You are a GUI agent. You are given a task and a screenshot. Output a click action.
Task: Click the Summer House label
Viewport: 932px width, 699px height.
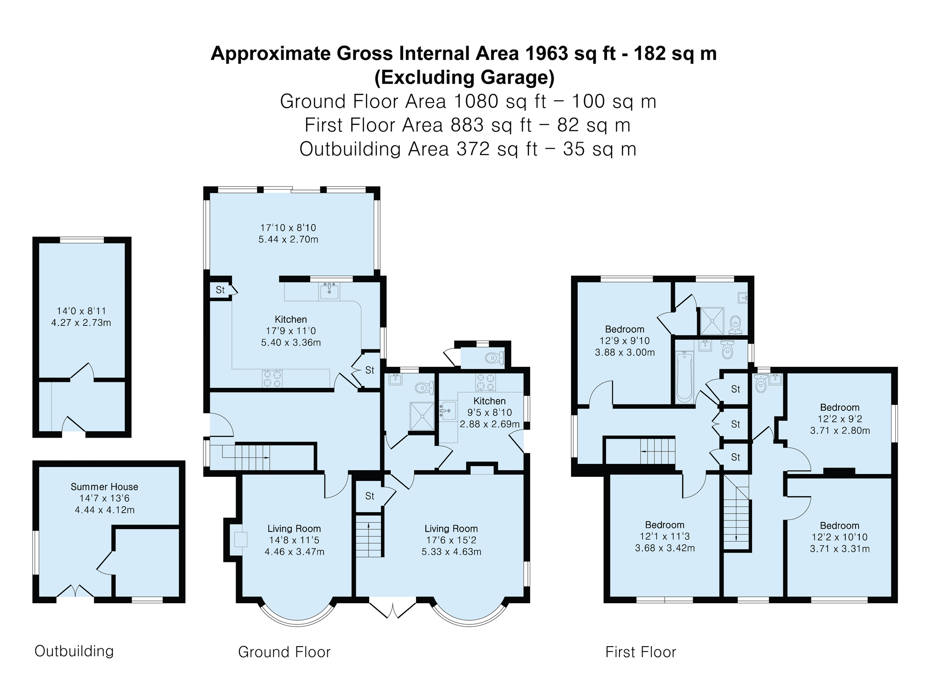(104, 487)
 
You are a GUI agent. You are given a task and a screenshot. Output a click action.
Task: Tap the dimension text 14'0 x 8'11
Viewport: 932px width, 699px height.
(81, 311)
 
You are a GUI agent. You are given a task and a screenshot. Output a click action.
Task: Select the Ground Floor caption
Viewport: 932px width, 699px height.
(284, 652)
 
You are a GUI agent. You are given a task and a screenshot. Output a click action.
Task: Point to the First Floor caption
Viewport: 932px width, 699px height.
(641, 652)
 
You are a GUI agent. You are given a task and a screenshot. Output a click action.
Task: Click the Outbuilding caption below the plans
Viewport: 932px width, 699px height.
(74, 651)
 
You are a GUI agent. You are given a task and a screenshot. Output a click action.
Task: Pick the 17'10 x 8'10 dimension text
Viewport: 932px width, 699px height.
(288, 228)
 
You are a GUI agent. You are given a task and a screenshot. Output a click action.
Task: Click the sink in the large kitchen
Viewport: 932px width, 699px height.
(330, 291)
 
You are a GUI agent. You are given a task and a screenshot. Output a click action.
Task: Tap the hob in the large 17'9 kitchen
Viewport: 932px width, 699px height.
(272, 379)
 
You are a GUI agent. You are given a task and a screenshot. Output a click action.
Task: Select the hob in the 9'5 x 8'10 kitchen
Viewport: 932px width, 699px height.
(486, 383)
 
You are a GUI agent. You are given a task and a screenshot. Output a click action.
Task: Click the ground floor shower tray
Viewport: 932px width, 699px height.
(422, 416)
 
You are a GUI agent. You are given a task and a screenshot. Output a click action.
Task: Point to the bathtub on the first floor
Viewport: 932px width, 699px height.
(685, 377)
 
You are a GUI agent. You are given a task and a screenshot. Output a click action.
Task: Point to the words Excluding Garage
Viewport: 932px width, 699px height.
(464, 77)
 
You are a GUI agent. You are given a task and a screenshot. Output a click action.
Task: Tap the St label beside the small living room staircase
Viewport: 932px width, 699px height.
(370, 496)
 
